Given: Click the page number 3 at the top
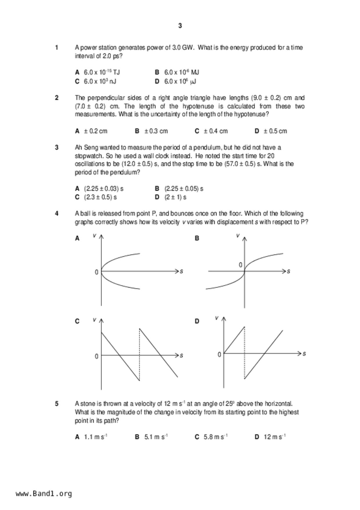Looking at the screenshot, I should point(180,26).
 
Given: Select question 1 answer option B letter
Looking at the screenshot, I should point(157,72).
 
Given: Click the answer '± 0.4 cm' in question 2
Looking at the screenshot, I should point(215,131).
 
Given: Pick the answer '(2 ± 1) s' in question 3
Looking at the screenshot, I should point(175,197).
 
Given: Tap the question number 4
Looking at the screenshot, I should point(57,213).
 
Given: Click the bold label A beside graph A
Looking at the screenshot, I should point(77,238).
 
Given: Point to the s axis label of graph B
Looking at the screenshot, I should point(289,271).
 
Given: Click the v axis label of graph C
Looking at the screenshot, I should point(94,320).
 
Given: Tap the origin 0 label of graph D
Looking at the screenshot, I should point(219,354).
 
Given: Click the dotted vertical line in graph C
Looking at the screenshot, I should point(139,355).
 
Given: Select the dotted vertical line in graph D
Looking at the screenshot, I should point(244,353).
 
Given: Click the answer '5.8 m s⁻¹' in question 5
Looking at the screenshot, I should point(216,437).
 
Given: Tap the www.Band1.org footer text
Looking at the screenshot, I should point(44,494).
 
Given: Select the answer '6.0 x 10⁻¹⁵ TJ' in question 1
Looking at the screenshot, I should point(102,72).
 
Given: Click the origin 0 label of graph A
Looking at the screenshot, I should point(96,272).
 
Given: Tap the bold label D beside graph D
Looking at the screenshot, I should point(197,321).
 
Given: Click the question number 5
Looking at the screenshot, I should point(57,404).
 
